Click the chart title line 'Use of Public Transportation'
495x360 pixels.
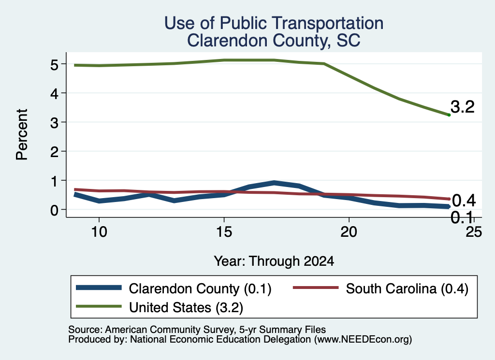click(274, 23)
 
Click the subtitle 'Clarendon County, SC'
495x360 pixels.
click(274, 41)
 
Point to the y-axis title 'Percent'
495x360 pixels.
click(22, 135)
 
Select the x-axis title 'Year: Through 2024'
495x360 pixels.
click(274, 261)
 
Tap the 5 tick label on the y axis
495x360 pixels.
click(54, 65)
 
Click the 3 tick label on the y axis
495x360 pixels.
click(54, 123)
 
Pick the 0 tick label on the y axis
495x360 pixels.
click(54, 210)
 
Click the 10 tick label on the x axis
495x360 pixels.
click(99, 232)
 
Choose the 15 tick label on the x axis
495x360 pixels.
click(224, 232)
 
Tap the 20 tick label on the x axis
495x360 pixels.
click(349, 232)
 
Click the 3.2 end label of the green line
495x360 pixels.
click(463, 107)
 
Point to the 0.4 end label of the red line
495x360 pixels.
click(464, 201)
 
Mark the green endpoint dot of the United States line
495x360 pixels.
click(449, 115)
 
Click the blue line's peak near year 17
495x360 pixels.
click(275, 183)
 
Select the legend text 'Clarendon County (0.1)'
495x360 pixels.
click(200, 288)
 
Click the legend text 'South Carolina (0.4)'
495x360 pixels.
click(407, 288)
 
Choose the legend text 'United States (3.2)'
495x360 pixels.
click(186, 307)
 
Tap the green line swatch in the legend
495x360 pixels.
click(99, 306)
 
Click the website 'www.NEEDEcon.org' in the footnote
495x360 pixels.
click(363, 340)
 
